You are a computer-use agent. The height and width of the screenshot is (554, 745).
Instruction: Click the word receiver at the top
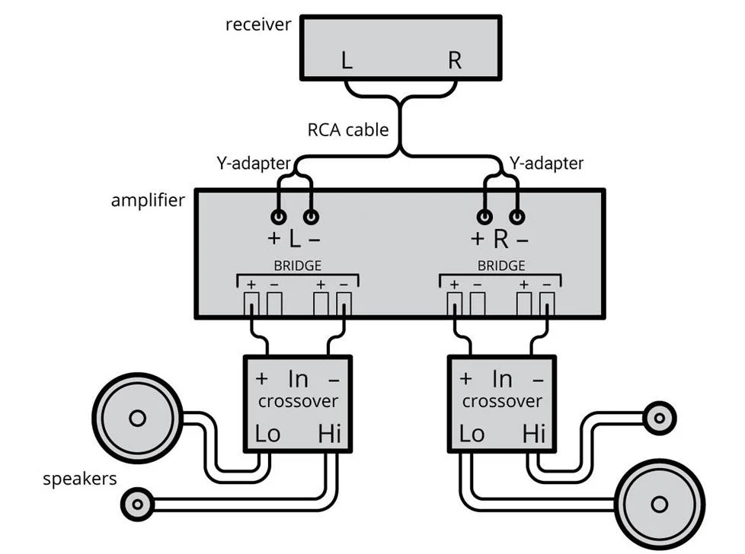(258, 24)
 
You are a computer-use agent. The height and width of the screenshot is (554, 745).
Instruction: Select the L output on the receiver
(347, 61)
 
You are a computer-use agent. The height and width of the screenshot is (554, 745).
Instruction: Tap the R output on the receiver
(455, 61)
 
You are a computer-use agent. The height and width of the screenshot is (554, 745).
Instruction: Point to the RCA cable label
(347, 129)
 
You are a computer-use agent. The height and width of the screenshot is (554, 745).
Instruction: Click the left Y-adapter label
(254, 163)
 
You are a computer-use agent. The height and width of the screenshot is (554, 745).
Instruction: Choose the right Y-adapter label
(546, 163)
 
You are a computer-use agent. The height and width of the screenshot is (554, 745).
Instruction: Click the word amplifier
(148, 201)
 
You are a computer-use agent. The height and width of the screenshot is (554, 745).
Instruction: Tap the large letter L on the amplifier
(295, 239)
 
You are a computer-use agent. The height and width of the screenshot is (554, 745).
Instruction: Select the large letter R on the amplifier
(500, 239)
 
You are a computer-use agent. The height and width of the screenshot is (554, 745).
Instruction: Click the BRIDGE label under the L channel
(297, 266)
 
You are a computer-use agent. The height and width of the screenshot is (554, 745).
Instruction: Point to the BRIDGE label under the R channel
(500, 266)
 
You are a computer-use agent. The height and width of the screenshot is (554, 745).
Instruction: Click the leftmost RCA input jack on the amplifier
(280, 217)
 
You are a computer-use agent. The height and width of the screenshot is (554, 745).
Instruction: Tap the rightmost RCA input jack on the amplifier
(519, 217)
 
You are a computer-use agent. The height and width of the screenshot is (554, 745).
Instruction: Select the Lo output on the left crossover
(267, 434)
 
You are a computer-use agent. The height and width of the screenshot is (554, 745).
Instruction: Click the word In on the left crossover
(298, 378)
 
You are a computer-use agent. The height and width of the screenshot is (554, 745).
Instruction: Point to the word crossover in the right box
(502, 401)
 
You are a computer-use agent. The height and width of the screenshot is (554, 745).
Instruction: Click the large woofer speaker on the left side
(137, 418)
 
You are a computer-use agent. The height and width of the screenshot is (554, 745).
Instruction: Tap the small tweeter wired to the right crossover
(658, 416)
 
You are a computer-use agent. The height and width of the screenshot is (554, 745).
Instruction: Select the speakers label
(80, 479)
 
